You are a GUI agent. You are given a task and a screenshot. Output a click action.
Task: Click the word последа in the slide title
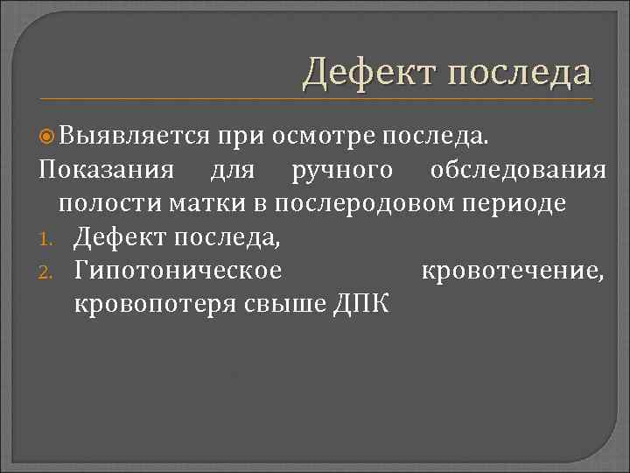(521, 73)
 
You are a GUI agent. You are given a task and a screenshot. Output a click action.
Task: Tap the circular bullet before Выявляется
(49, 137)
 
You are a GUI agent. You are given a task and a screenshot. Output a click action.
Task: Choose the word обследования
(518, 170)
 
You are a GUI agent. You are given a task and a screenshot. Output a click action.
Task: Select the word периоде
(515, 203)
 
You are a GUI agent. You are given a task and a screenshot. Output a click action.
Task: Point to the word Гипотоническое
(178, 270)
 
